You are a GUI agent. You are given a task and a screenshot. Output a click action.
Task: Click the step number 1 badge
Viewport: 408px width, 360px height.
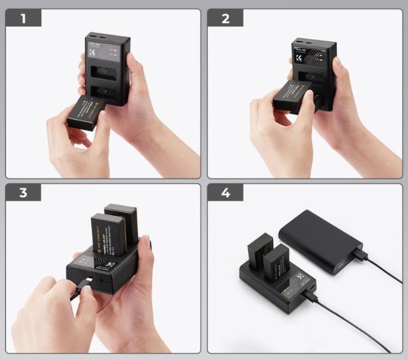click(23, 18)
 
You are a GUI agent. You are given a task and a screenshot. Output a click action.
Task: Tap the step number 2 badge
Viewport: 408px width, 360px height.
click(225, 18)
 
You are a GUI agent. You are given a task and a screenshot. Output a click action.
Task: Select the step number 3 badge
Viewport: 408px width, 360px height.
click(23, 193)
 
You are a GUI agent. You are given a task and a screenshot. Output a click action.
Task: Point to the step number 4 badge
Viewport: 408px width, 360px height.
click(225, 193)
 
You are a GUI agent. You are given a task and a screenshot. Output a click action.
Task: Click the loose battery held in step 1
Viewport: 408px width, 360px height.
click(87, 113)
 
